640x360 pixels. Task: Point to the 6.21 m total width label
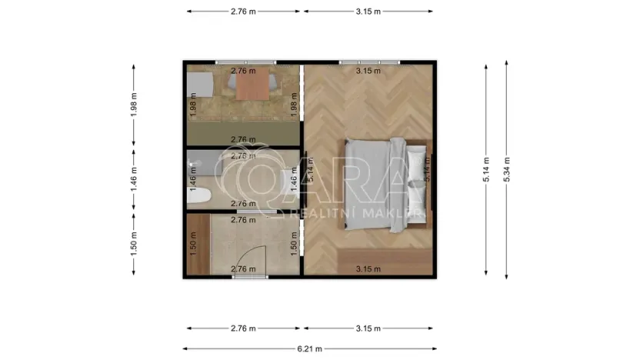309,348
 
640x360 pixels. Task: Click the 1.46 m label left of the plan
134,181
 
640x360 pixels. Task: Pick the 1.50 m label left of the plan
134,245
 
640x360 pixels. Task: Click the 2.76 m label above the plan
243,12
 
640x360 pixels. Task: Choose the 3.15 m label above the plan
368,12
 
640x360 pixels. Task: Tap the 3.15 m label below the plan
368,328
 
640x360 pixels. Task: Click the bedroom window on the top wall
369,62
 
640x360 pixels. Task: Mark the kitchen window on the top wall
245,62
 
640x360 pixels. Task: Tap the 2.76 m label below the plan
243,328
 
